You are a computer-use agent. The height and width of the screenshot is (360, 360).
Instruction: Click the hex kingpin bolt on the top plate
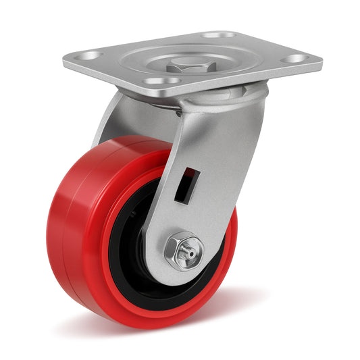[186, 66]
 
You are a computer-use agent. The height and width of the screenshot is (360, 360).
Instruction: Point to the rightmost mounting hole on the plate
[295, 59]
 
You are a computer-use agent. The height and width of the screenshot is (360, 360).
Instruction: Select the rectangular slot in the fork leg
[186, 184]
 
